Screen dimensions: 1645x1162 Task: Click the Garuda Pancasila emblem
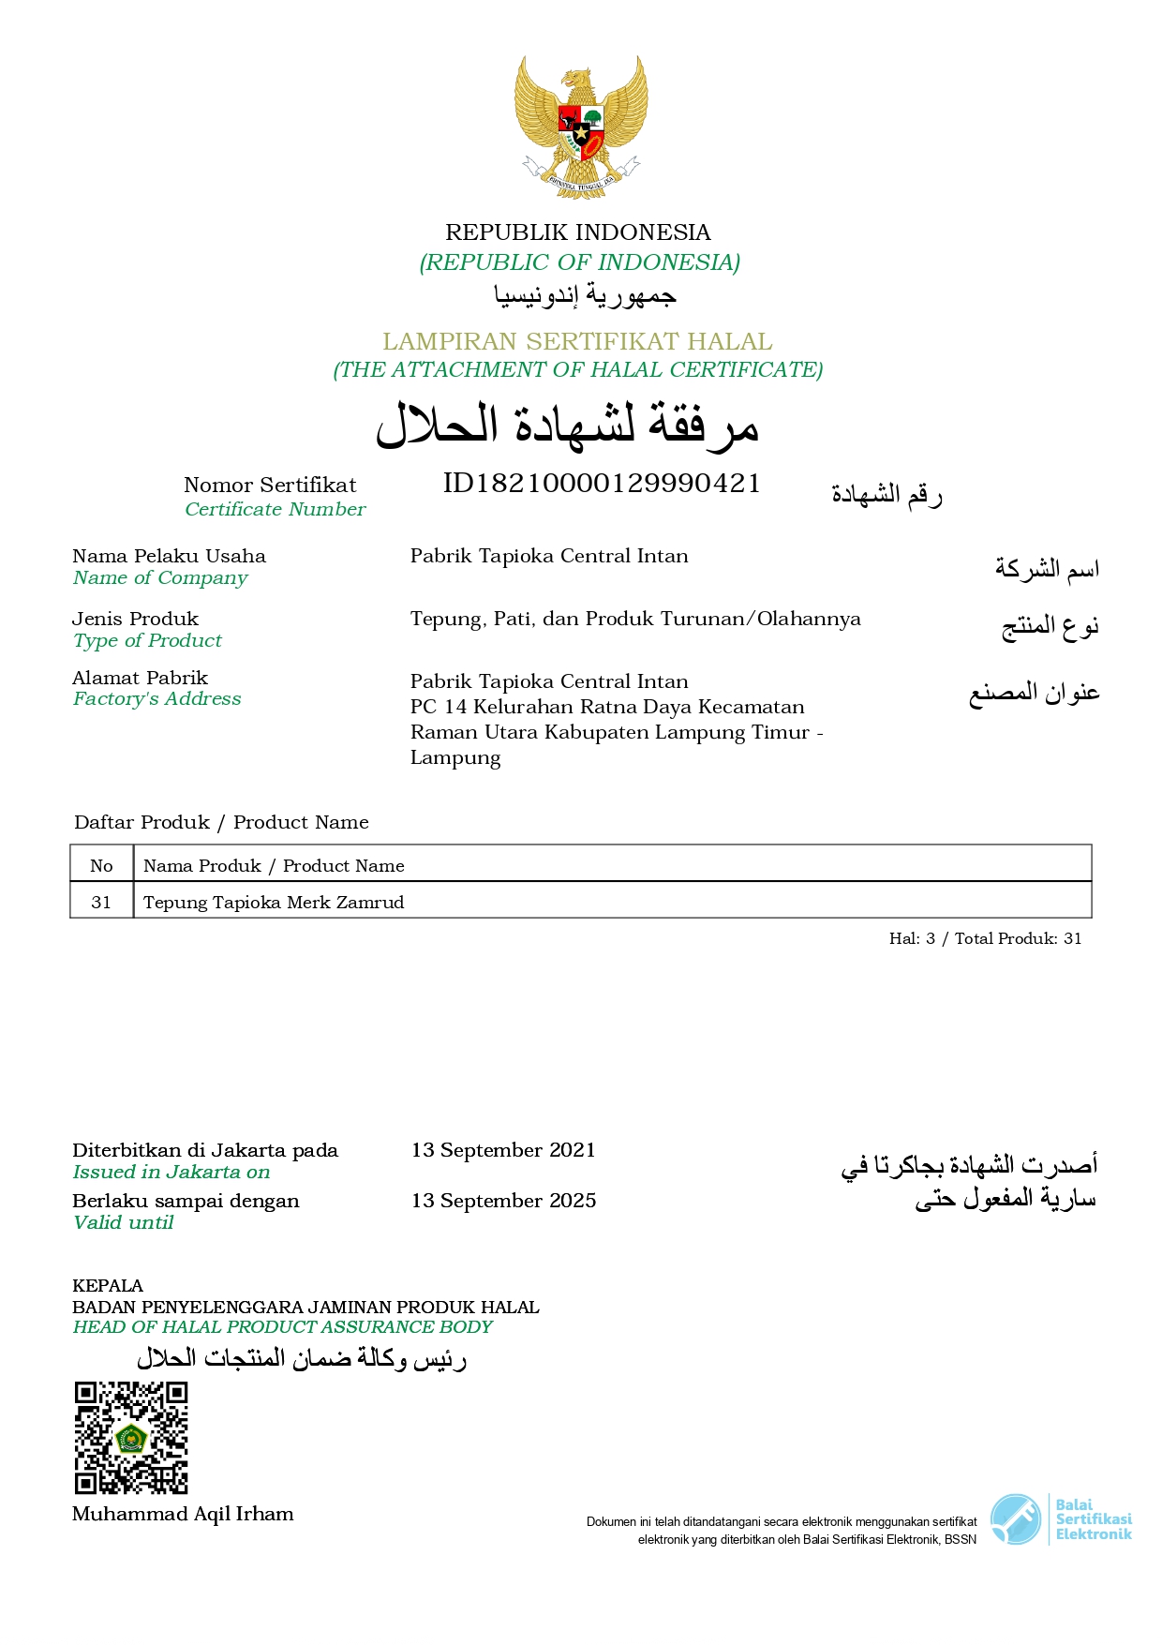(x=581, y=126)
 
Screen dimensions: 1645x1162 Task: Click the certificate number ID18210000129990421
(x=601, y=483)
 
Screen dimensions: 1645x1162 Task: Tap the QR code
(x=131, y=1437)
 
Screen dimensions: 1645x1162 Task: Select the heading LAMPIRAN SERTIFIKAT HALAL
(x=577, y=341)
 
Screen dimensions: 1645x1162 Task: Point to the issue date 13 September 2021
(x=503, y=1150)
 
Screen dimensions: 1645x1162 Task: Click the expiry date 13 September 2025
(x=503, y=1201)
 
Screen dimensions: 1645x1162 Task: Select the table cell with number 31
(x=101, y=902)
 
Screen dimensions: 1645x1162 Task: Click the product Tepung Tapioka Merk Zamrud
(x=274, y=902)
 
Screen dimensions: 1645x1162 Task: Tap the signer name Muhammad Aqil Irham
(x=183, y=1514)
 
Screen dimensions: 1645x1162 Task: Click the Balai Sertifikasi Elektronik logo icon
(x=1016, y=1518)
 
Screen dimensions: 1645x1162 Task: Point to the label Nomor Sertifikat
(x=270, y=485)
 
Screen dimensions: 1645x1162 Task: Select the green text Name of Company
(x=160, y=577)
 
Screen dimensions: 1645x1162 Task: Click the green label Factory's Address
(x=156, y=698)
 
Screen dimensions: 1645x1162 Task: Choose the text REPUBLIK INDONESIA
(x=577, y=232)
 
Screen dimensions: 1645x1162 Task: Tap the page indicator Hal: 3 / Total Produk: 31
(x=985, y=938)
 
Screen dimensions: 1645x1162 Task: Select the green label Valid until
(x=123, y=1222)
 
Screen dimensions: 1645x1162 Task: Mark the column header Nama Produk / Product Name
(x=274, y=865)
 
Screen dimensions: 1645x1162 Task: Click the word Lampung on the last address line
(x=455, y=757)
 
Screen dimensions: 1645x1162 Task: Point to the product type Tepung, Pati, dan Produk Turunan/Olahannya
(x=635, y=619)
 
